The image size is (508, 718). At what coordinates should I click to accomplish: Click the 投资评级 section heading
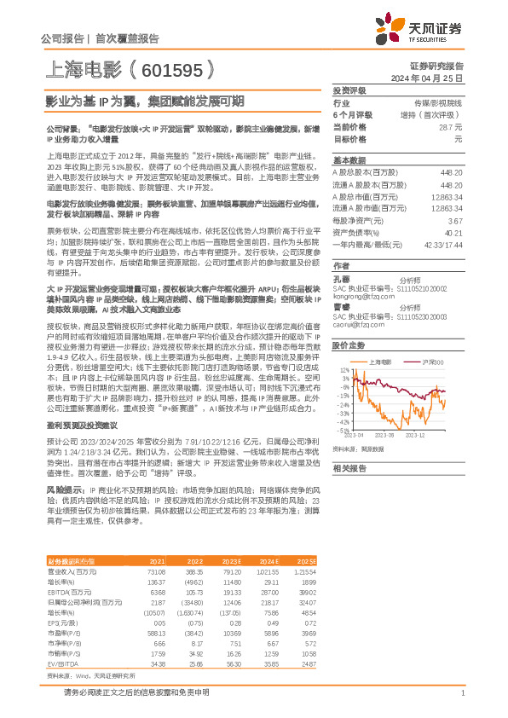pos(349,90)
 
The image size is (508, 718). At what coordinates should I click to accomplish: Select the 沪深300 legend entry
pos(435,362)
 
